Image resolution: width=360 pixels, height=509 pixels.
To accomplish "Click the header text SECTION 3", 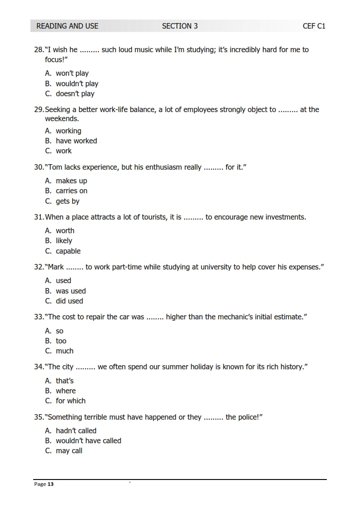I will pyautogui.click(x=180, y=26).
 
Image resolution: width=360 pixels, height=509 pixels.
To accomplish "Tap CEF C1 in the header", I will pyautogui.click(x=314, y=26).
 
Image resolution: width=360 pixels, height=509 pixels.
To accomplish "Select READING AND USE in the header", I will pyautogui.click(x=67, y=26).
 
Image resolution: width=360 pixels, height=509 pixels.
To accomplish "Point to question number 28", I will pyautogui.click(x=39, y=49).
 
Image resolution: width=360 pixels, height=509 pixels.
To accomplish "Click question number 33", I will pyautogui.click(x=39, y=317).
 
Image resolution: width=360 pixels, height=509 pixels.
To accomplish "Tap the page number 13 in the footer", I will pyautogui.click(x=50, y=484).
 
